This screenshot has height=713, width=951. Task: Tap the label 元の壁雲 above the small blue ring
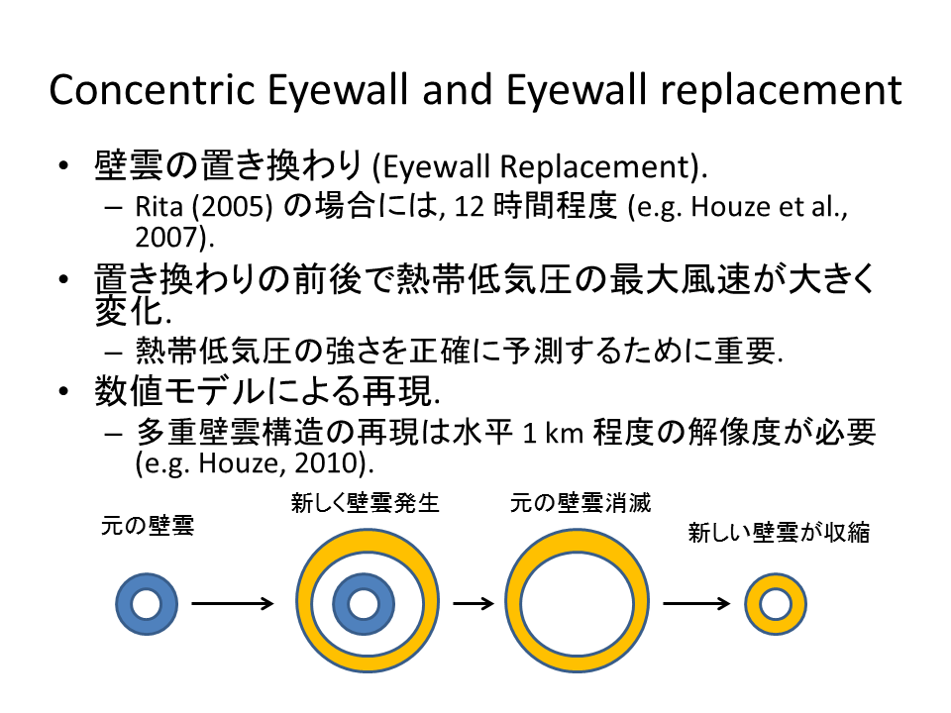[x=148, y=525]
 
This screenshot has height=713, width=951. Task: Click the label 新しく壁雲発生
[x=365, y=504]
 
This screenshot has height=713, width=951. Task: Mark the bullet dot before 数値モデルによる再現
[x=65, y=393]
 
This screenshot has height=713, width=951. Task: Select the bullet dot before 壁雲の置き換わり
[x=65, y=165]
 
